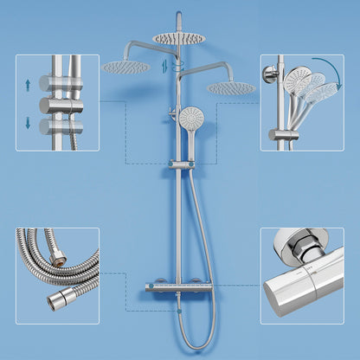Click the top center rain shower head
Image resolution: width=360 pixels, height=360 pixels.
click(179, 37)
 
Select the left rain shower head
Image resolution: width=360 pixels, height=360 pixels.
click(126, 67)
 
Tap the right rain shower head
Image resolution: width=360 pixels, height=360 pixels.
click(231, 87)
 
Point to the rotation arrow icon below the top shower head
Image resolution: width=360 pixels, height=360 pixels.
click(179, 63)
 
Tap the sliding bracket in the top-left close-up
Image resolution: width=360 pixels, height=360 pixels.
click(60, 103)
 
